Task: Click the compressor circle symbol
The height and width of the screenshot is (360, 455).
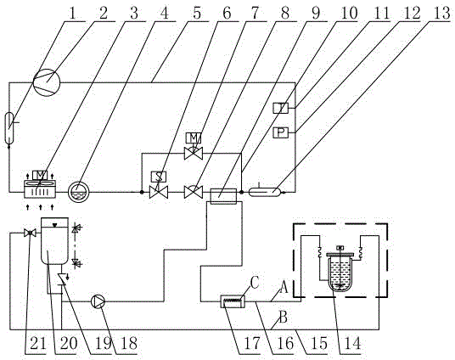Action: click(x=47, y=82)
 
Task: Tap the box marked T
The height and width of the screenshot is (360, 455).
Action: click(x=281, y=108)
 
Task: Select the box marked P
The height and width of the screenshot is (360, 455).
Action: click(x=281, y=132)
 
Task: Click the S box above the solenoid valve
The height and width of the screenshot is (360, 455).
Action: click(x=159, y=177)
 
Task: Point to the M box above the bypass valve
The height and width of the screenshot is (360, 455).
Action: click(x=194, y=138)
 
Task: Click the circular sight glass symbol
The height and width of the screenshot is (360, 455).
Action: click(x=79, y=191)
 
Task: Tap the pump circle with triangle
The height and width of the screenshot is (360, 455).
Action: click(x=98, y=301)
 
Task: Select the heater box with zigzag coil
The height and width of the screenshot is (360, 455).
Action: click(x=233, y=301)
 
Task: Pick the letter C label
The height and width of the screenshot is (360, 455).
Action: click(x=255, y=283)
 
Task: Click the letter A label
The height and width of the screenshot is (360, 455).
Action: click(x=284, y=289)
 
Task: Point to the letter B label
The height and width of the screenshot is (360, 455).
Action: click(x=284, y=317)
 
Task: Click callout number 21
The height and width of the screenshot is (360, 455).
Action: click(x=38, y=344)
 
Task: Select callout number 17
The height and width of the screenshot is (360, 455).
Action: click(x=252, y=344)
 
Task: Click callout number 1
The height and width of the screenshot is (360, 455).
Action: click(x=72, y=14)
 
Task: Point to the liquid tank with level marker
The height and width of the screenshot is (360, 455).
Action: click(x=55, y=241)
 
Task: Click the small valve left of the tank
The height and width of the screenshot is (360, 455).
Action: click(x=30, y=233)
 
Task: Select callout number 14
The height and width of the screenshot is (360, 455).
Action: click(x=351, y=344)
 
